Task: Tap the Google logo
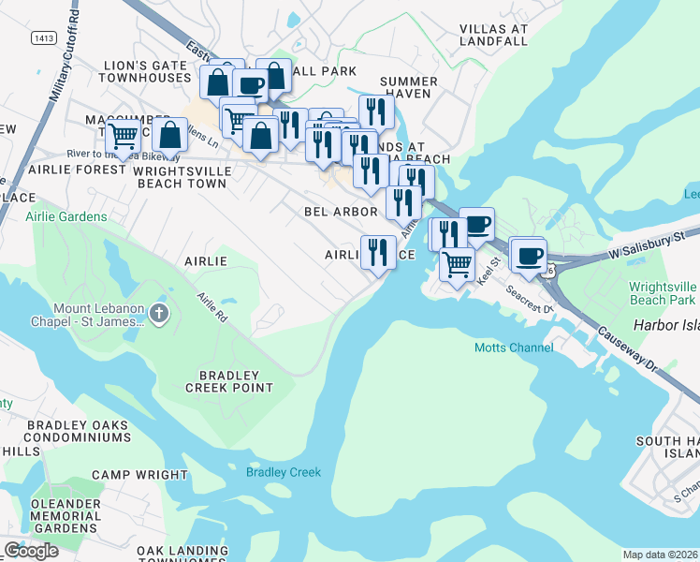(31, 551)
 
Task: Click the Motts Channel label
(513, 348)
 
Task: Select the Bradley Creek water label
(284, 472)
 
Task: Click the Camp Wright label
(139, 475)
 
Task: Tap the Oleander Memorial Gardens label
(66, 516)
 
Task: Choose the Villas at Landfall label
(494, 35)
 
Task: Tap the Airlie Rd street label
(211, 305)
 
